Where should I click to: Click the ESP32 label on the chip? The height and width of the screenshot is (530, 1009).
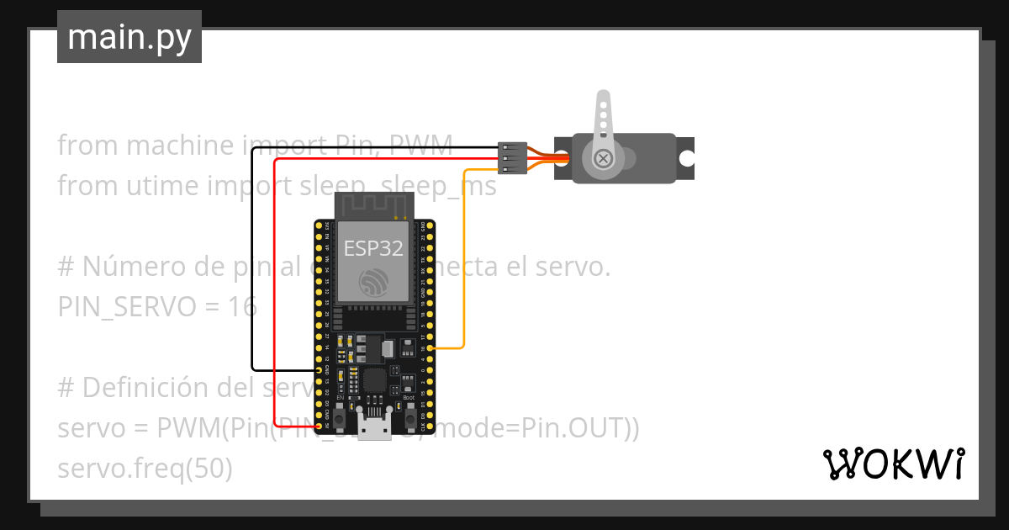[373, 248]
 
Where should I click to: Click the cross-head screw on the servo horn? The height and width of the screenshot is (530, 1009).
[603, 158]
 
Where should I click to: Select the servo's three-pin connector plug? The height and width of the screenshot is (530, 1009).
[512, 157]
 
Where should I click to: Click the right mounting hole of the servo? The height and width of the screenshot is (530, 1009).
[687, 157]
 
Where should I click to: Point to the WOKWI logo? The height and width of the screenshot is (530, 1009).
[893, 464]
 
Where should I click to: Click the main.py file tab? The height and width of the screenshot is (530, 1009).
[129, 37]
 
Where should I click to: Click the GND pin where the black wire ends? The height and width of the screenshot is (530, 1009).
[318, 369]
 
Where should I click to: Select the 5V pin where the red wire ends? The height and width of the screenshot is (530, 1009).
[318, 427]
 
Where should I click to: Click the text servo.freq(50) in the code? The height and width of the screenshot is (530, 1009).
[145, 469]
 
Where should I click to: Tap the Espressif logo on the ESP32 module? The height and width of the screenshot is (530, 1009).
[373, 282]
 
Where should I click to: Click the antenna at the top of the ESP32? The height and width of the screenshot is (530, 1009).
[374, 205]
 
